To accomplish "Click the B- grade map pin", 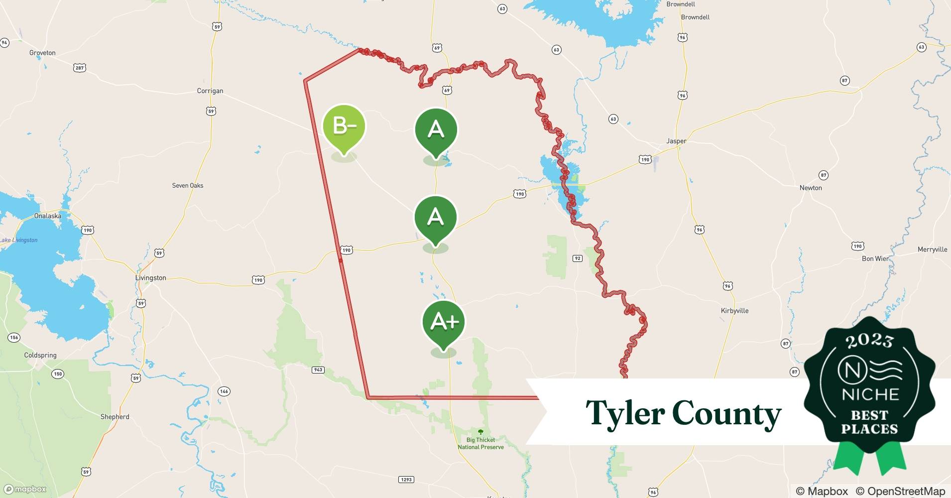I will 344,126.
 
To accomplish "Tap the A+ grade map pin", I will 444,322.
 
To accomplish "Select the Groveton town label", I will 42,53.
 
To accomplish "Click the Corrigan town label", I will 210,91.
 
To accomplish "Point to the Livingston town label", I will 151,278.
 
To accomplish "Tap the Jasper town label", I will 676,141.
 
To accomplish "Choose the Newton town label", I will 811,188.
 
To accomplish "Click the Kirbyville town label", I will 734,311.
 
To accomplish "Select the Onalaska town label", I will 48,216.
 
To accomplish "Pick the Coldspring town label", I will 40,355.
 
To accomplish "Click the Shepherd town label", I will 115,417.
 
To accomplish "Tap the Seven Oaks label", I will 188,185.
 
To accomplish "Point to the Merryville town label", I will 932,249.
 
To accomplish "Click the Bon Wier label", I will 875,258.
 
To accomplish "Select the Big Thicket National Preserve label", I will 480,443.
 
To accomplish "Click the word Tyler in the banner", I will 625,413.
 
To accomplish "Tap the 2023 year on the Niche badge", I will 869,341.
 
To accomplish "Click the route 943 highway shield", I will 318,370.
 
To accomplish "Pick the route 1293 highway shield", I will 406,480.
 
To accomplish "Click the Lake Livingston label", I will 19,240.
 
